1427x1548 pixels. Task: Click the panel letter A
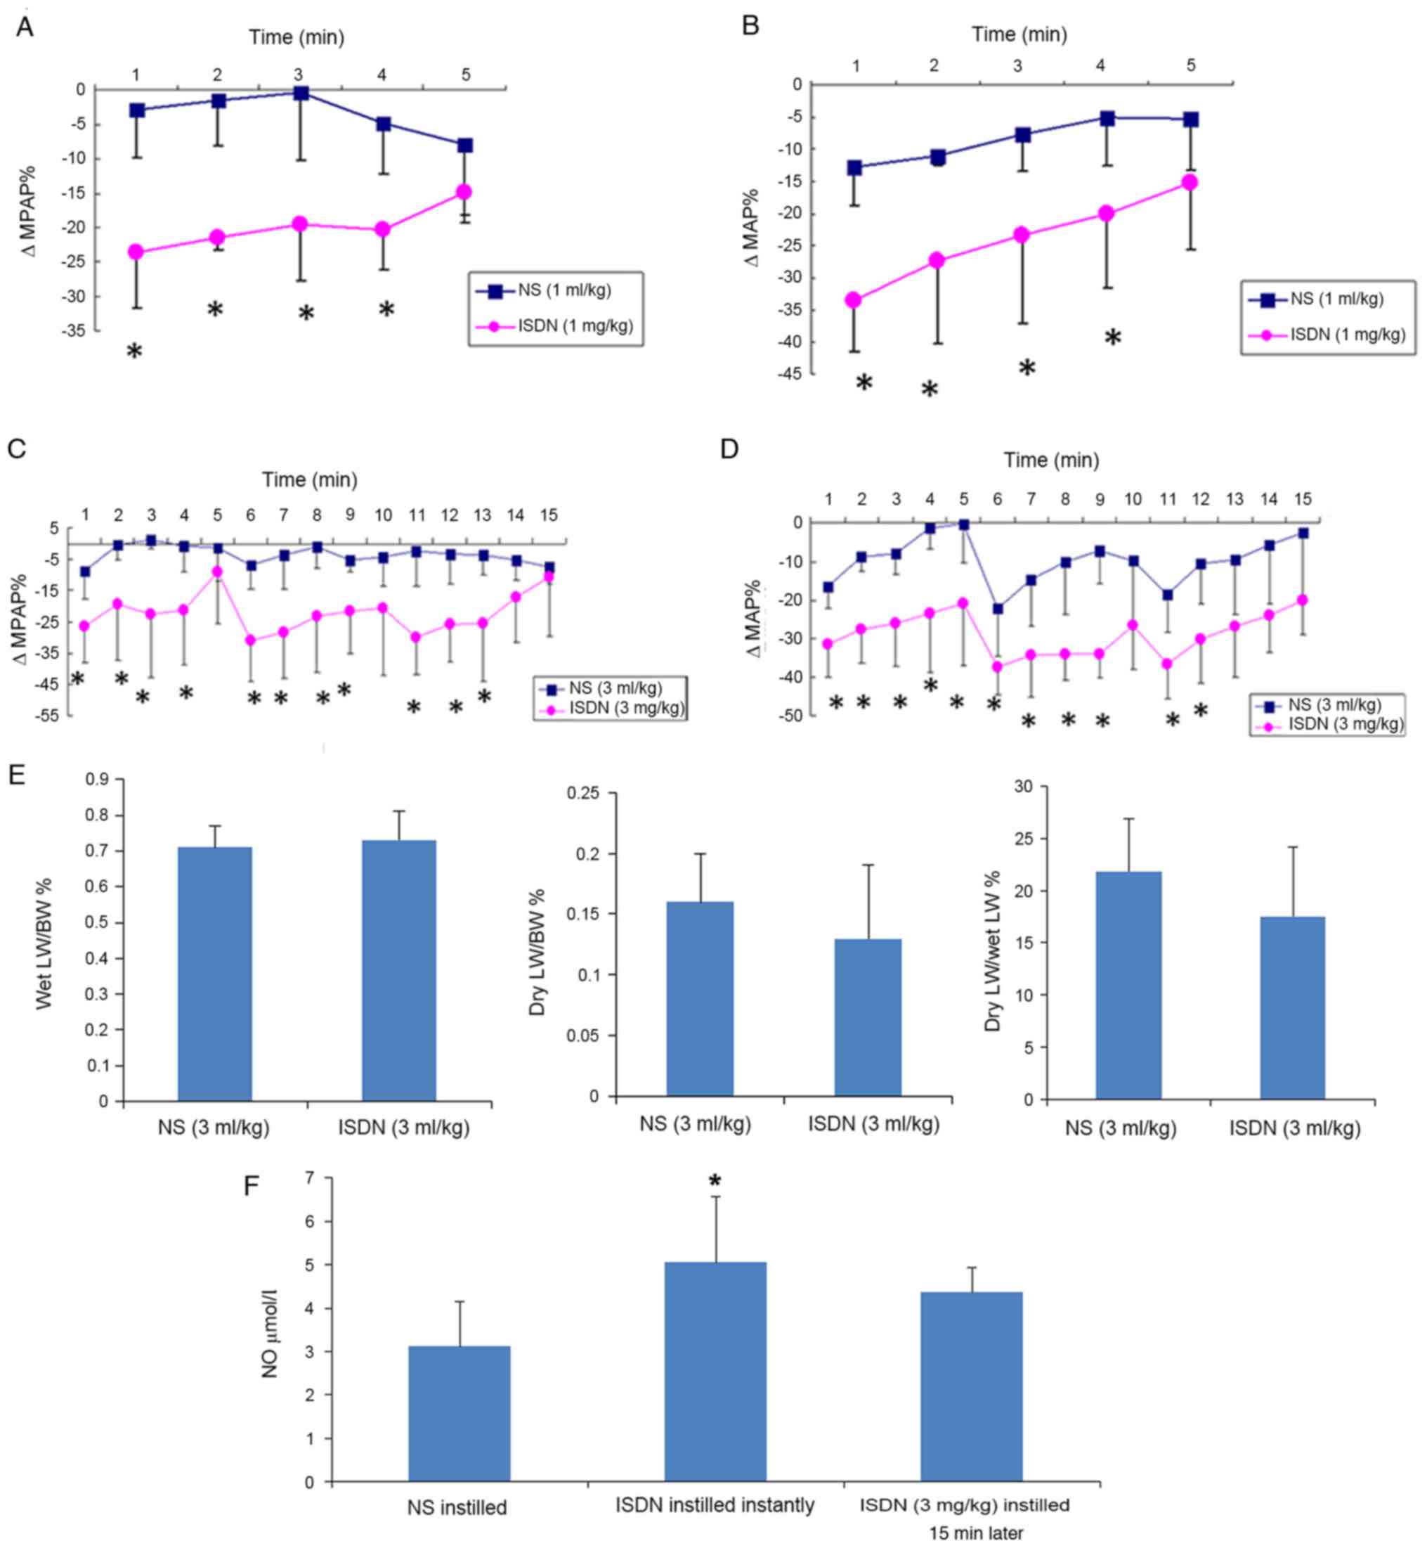(x=25, y=27)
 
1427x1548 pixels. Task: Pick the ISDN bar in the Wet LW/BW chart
(x=398, y=970)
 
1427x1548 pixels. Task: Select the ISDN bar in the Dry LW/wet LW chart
(x=1292, y=1007)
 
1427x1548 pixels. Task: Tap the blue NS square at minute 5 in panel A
(x=464, y=146)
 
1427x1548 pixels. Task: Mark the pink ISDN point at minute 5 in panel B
(x=1190, y=182)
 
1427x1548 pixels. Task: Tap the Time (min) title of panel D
(x=1051, y=460)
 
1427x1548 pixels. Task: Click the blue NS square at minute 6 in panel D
(x=998, y=609)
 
